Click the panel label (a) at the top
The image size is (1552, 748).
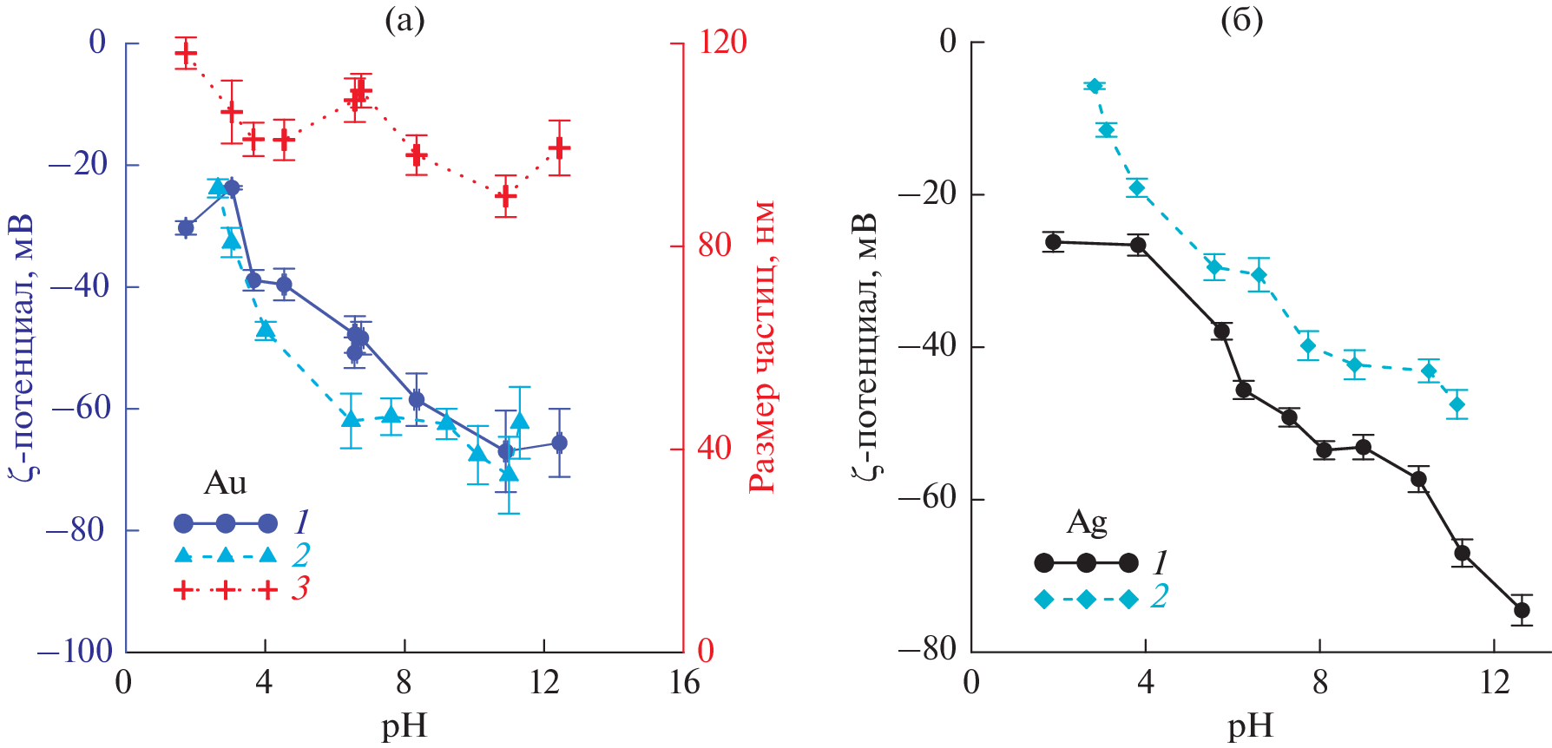pos(404,20)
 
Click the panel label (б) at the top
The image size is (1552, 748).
pos(1241,20)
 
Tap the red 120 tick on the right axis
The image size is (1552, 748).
pos(722,42)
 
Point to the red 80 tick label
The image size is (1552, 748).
pos(715,246)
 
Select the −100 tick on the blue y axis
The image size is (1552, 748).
pos(76,651)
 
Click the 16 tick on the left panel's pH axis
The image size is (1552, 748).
pos(684,683)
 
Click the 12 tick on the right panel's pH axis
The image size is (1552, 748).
pos(1494,683)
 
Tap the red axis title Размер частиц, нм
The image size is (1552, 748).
pos(762,347)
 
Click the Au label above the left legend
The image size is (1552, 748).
pos(225,483)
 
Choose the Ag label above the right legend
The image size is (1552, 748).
pos(1086,522)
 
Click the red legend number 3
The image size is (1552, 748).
pos(299,589)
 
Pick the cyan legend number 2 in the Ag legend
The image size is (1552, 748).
pos(1159,597)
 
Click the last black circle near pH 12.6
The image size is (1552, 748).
pos(1521,610)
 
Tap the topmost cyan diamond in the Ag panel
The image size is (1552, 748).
pos(1095,86)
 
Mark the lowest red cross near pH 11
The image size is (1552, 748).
pos(506,196)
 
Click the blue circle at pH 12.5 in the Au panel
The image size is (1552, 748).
pos(560,443)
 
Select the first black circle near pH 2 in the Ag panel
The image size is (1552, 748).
pos(1054,241)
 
